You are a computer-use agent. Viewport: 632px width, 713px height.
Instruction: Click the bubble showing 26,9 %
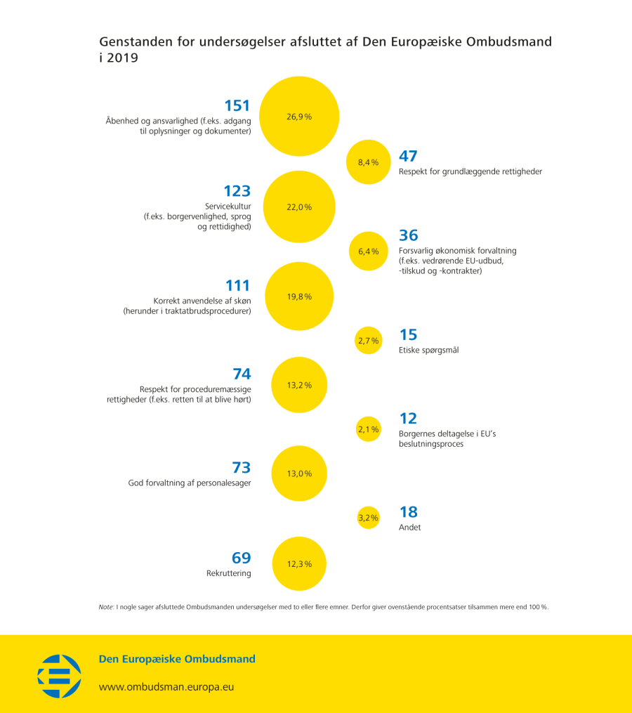[x=299, y=117]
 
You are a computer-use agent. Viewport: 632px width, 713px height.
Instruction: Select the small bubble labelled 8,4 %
[x=368, y=162]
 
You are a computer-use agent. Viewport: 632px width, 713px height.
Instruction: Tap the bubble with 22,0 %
[x=299, y=207]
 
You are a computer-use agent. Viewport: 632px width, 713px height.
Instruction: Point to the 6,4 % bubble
[x=368, y=251]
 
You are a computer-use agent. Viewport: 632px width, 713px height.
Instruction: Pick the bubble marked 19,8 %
[x=299, y=296]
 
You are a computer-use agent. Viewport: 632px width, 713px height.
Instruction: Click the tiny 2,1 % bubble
[x=368, y=429]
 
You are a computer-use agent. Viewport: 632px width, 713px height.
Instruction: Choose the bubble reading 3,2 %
[x=368, y=518]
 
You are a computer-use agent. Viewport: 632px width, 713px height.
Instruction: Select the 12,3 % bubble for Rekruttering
[x=299, y=563]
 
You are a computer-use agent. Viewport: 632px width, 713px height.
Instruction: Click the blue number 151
[x=237, y=106]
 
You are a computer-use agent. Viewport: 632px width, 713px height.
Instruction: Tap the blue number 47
[x=408, y=156]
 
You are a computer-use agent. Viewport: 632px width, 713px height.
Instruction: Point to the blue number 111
[x=238, y=286]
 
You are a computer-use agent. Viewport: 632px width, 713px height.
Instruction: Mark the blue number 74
[x=242, y=374]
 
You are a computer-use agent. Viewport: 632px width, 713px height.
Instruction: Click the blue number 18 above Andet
[x=408, y=512]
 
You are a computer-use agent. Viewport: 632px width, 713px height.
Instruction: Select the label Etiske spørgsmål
[x=428, y=350]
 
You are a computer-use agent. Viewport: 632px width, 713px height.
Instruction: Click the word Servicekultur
[x=228, y=207]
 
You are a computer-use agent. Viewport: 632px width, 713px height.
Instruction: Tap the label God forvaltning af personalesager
[x=190, y=483]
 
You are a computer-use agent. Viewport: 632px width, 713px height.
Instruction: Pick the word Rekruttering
[x=229, y=573]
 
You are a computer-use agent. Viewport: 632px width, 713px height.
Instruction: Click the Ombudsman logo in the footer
[x=59, y=676]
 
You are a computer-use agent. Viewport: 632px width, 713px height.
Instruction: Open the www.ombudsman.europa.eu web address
[x=166, y=686]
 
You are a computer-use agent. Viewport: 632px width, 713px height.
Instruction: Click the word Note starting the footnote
[x=106, y=607]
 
